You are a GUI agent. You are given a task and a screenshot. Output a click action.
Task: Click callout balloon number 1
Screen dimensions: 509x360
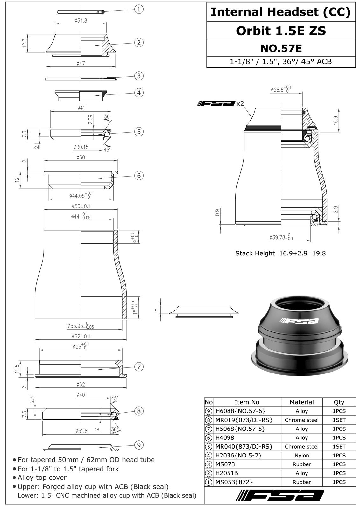[x=138, y=10]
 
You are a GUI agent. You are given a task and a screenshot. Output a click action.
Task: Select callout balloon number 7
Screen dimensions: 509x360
[x=139, y=367]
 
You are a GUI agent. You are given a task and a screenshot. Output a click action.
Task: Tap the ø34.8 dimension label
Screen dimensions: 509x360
[x=81, y=21]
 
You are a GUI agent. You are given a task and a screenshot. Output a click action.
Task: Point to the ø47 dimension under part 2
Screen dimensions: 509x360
[x=81, y=63]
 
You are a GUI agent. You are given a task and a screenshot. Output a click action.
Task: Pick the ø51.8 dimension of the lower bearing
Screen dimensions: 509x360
[x=81, y=431]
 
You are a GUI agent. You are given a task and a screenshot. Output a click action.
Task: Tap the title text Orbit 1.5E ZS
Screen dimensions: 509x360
[x=281, y=31]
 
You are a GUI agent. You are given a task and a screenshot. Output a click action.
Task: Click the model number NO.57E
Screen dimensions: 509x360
[x=281, y=48]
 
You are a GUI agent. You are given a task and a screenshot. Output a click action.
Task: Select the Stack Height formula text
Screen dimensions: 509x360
[x=280, y=253]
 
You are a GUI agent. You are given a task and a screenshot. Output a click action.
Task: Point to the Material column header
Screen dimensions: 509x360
[x=301, y=402]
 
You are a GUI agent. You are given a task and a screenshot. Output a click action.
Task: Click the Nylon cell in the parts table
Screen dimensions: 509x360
[x=301, y=456]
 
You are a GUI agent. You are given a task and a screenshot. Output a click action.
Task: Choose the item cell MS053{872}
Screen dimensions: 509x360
[x=234, y=482]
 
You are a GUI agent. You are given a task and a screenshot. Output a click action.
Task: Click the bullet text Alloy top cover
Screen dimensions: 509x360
[x=42, y=478]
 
